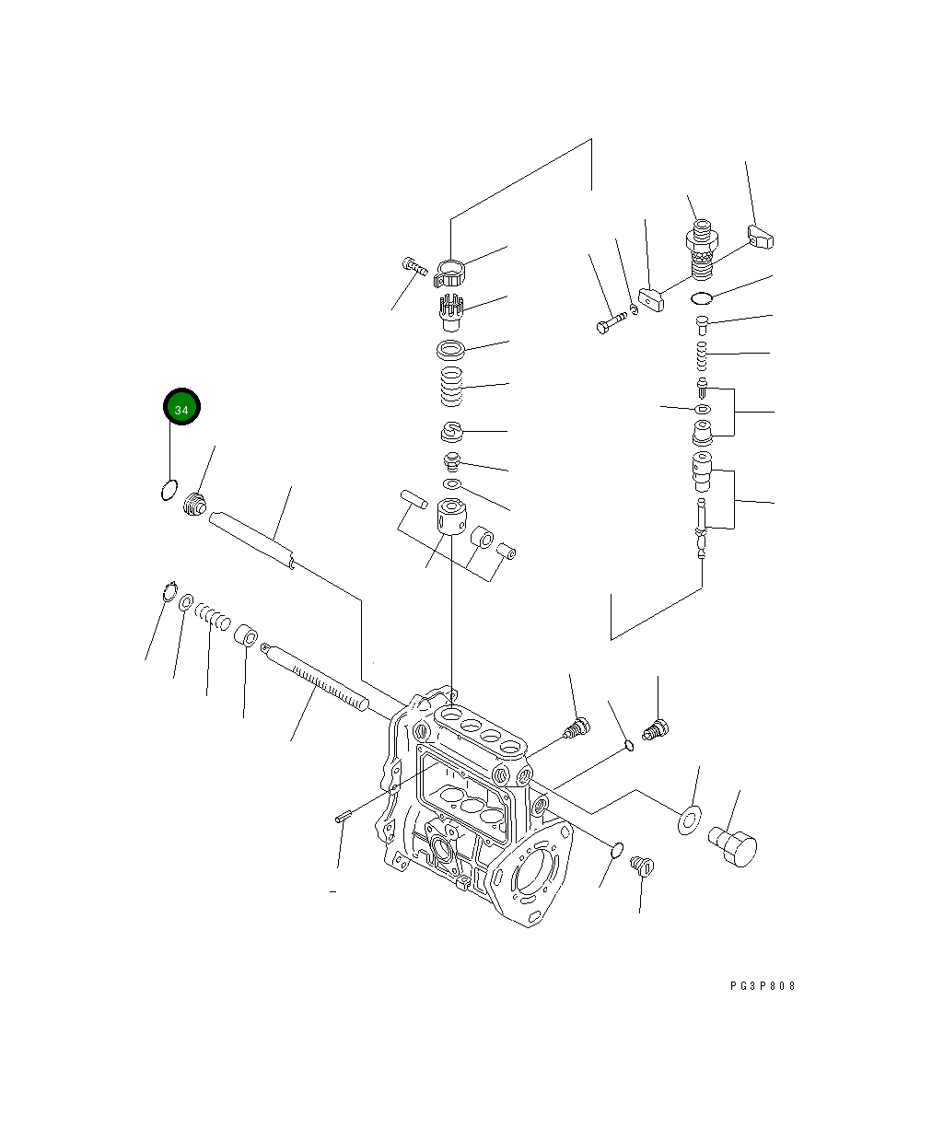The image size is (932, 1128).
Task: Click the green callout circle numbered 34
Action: [x=181, y=407]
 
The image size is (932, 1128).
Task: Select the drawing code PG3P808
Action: [x=763, y=986]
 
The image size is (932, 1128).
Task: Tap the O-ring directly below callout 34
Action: [x=169, y=489]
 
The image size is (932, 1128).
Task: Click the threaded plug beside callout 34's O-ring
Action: [x=193, y=505]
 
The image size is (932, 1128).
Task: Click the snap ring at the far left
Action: [x=167, y=591]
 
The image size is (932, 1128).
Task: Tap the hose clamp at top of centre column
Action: [x=449, y=273]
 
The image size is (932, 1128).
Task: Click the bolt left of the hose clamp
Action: [x=414, y=266]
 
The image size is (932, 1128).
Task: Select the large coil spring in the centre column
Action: [x=449, y=385]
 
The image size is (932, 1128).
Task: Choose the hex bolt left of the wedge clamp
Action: [x=612, y=323]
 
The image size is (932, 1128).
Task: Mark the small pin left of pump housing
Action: [x=344, y=815]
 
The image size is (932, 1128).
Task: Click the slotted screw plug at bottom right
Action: [x=642, y=866]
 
